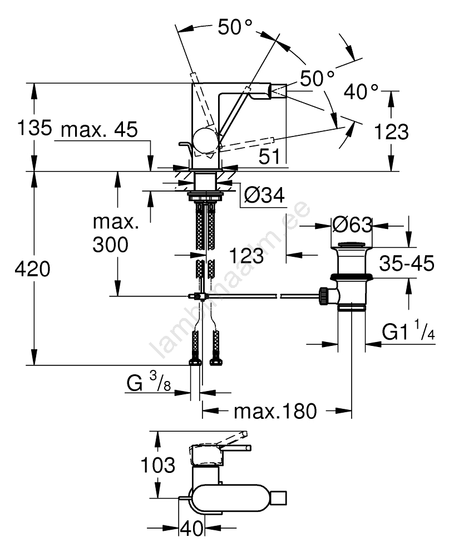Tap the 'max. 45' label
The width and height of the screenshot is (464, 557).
(99, 130)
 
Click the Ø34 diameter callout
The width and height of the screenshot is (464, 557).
(264, 194)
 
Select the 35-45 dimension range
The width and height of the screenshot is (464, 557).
(408, 263)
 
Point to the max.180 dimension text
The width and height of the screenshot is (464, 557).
(275, 412)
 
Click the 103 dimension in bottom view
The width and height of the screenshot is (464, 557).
(157, 464)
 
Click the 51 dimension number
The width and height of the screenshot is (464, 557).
(270, 158)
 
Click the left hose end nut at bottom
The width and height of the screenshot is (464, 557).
(195, 361)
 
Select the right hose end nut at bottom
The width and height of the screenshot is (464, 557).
(215, 361)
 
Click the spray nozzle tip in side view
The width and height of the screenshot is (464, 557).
(278, 89)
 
